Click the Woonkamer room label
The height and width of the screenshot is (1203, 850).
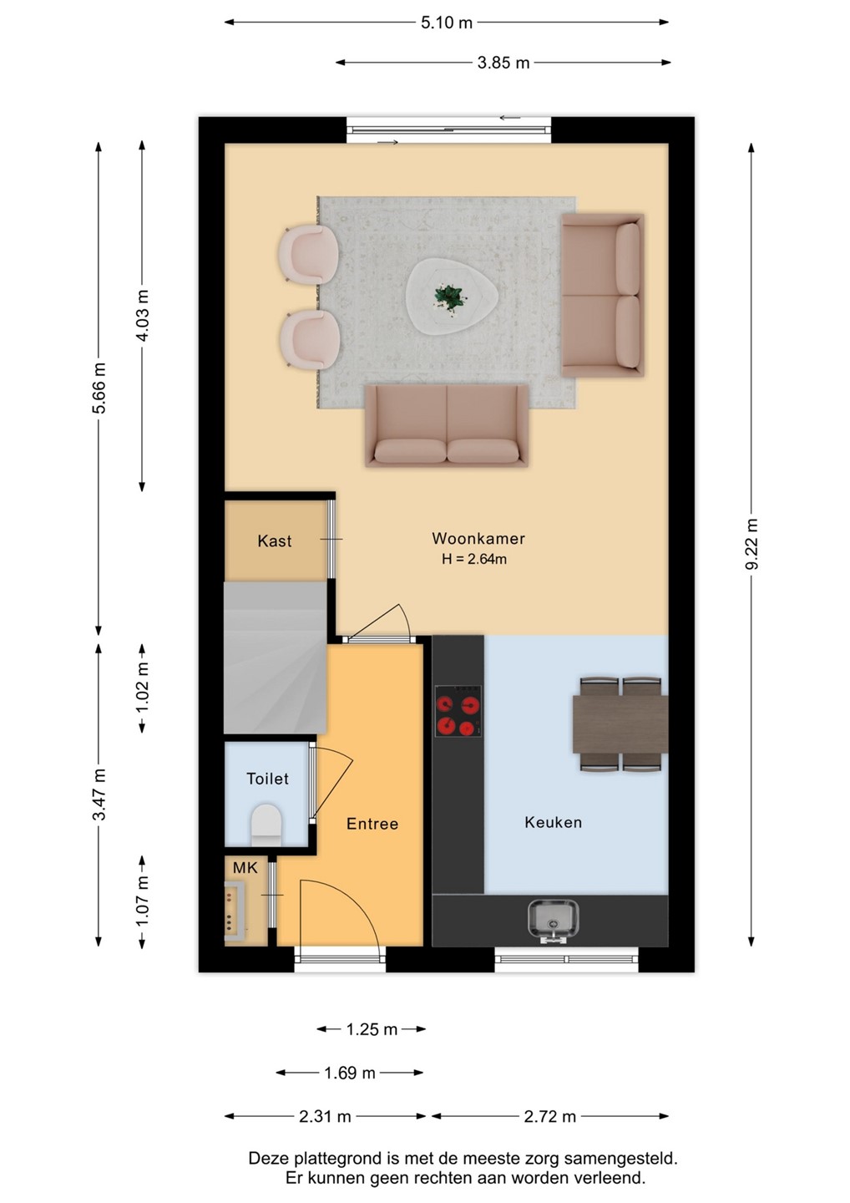coord(478,538)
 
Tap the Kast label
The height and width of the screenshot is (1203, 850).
coord(274,541)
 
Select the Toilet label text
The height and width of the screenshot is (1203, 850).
coord(267,779)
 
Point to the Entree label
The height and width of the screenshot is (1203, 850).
coord(372,824)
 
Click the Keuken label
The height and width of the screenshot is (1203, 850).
coord(554,822)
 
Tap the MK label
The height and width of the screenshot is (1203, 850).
coord(245,868)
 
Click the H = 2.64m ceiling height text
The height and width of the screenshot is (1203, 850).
coord(474,559)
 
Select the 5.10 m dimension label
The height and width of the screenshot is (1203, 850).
coord(447,23)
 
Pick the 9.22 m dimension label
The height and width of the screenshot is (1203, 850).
coord(751,546)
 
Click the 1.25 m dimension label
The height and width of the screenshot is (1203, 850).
coord(372,1029)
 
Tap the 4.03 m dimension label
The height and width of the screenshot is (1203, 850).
coord(142,315)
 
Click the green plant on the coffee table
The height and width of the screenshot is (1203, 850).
coord(448,297)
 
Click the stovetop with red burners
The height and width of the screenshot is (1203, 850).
coord(458,711)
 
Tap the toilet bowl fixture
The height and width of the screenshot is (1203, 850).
coord(266,825)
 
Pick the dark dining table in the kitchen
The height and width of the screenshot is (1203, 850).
coord(620,724)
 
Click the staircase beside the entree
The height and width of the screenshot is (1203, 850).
coord(276,658)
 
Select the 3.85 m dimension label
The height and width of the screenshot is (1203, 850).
coord(503,63)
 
